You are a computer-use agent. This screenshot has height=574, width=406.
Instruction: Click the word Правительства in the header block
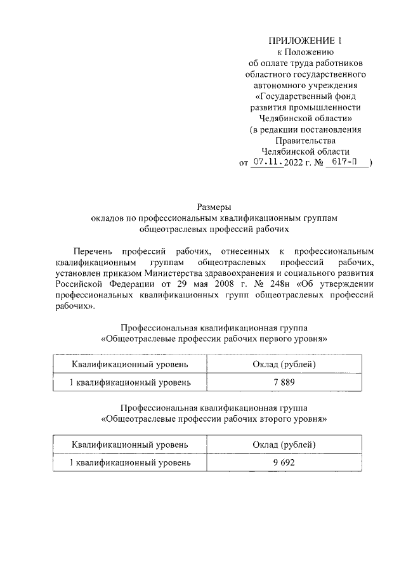305,140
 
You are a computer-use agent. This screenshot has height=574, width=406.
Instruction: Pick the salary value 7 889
284,382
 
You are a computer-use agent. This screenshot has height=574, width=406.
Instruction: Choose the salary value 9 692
284,463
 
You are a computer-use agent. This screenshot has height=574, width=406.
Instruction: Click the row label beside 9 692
130,463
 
